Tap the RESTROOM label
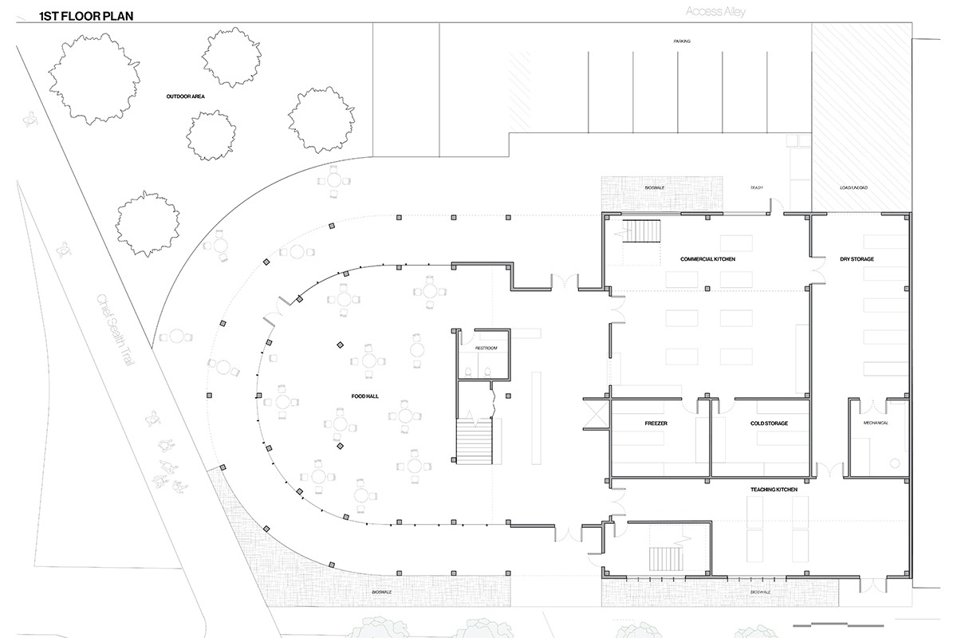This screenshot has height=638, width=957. click(x=486, y=349)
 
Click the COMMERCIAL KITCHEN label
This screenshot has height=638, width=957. click(x=707, y=259)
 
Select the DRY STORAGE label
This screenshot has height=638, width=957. click(x=857, y=259)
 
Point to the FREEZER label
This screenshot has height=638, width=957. click(x=656, y=423)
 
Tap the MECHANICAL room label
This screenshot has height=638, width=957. click(x=874, y=423)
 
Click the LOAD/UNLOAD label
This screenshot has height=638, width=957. click(x=853, y=187)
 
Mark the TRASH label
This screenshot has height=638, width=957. click(x=757, y=187)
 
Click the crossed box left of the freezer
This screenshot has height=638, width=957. click(x=595, y=415)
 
